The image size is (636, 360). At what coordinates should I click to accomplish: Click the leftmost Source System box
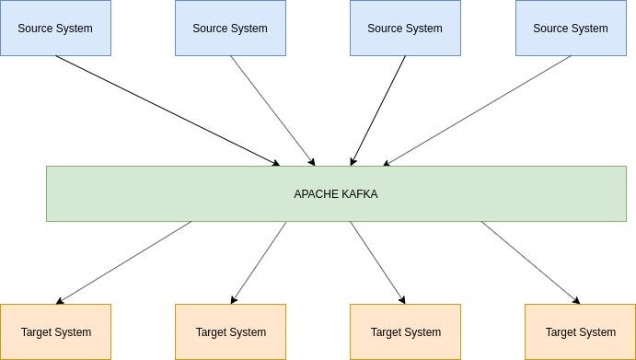pyautogui.click(x=55, y=28)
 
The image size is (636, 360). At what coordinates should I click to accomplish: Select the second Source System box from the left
pyautogui.click(x=230, y=28)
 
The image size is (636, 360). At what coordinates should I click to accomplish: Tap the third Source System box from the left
pyautogui.click(x=405, y=28)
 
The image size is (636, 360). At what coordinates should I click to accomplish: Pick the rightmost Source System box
pyautogui.click(x=571, y=28)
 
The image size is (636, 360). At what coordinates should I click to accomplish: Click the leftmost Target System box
pyautogui.click(x=55, y=331)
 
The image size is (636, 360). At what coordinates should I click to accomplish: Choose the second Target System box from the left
pyautogui.click(x=230, y=331)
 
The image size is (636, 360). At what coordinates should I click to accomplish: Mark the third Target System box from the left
pyautogui.click(x=405, y=331)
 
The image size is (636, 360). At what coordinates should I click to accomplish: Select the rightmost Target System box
pyautogui.click(x=580, y=331)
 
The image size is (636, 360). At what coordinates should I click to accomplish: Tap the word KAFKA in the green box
pyautogui.click(x=358, y=194)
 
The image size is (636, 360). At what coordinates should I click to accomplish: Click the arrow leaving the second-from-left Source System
pyautogui.click(x=272, y=110)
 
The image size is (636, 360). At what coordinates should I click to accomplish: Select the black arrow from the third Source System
pyautogui.click(x=378, y=110)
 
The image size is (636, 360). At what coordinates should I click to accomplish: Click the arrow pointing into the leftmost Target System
pyautogui.click(x=124, y=262)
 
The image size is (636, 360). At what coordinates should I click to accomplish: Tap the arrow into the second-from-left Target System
pyautogui.click(x=260, y=262)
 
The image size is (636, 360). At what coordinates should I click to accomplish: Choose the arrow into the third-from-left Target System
pyautogui.click(x=377, y=262)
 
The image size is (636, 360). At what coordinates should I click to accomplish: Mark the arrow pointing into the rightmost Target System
pyautogui.click(x=530, y=262)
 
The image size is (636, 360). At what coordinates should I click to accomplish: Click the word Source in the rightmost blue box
pyautogui.click(x=551, y=29)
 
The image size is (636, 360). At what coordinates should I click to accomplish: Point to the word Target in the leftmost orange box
pyautogui.click(x=37, y=332)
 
